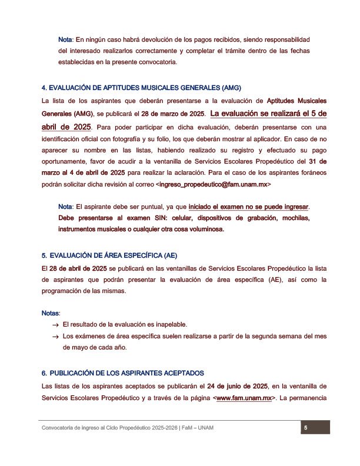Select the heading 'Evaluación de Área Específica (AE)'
[109, 255]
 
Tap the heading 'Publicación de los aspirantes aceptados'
[122, 373]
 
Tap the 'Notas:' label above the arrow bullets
[51, 312]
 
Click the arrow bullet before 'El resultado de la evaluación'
[55, 325]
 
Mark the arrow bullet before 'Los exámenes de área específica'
[55, 337]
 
